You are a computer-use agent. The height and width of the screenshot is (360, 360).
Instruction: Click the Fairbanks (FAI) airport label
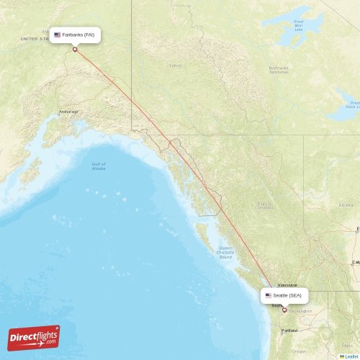click(x=78, y=35)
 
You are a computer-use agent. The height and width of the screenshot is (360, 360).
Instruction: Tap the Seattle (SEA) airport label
click(x=287, y=295)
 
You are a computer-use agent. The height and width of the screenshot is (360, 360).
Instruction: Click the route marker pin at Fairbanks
click(x=75, y=49)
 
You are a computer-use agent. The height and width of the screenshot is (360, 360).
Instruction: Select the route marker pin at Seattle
click(x=284, y=310)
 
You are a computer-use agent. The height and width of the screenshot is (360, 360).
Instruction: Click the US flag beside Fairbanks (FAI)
click(x=58, y=35)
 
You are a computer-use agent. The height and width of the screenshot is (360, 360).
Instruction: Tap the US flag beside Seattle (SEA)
click(x=269, y=295)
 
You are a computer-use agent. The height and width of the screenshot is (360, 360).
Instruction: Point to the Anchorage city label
click(x=69, y=112)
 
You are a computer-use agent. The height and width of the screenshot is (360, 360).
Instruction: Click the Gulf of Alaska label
click(x=99, y=166)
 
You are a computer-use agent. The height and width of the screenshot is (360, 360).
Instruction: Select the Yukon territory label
click(x=175, y=66)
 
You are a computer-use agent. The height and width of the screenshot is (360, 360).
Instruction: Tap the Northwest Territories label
click(x=279, y=70)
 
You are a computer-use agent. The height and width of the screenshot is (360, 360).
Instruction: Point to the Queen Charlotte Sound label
click(x=225, y=251)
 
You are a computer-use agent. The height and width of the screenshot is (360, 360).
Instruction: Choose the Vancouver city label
click(x=287, y=285)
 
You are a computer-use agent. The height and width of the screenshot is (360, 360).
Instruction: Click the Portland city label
click(x=289, y=330)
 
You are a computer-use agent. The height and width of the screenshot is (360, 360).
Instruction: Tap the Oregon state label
click(x=299, y=351)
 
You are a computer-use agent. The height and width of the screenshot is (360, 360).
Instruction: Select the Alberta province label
click(x=346, y=205)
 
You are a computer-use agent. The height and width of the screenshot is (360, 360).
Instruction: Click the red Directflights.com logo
click(x=34, y=337)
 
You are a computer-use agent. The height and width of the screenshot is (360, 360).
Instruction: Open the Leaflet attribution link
click(x=351, y=356)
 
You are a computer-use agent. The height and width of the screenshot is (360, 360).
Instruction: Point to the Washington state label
click(x=301, y=311)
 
